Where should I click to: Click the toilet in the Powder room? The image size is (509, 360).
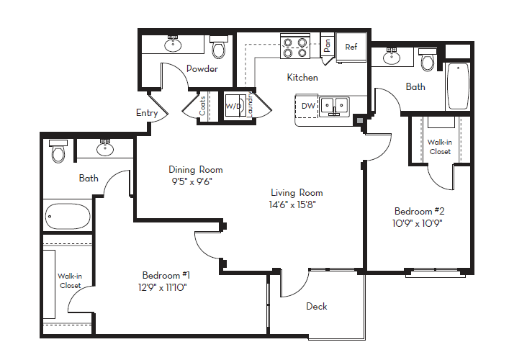coord(218,49)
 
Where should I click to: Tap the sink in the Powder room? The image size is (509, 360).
coord(173,45)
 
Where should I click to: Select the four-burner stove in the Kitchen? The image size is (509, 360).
coord(295,47)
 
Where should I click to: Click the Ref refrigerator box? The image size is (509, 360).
coord(351,47)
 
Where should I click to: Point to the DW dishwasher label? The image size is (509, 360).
coord(307,106)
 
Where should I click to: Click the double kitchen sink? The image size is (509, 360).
coord(335,107)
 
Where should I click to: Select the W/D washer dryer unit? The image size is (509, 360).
coord(234,106)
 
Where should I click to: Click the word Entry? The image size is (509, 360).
coord(147,112)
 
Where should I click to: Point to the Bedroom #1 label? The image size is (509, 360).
coord(166,275)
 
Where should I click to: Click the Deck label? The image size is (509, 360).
coord(317,306)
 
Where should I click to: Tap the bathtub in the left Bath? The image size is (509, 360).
coord(66,215)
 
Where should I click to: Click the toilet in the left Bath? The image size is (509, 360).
coord(58,153)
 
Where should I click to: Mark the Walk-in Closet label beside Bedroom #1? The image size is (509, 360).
coord(70,280)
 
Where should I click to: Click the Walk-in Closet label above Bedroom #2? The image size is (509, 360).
coord(439,147)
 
